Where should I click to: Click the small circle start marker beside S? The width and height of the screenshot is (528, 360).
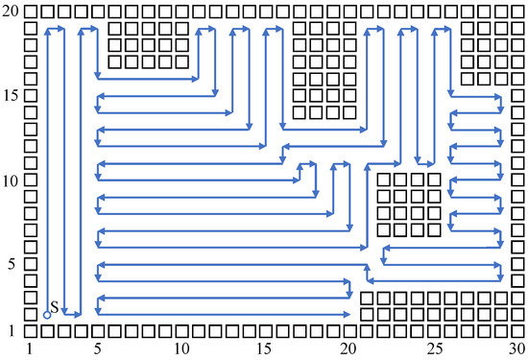point(47,315)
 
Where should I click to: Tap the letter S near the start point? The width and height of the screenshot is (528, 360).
point(54,306)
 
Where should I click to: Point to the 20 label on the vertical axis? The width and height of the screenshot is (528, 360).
point(11,11)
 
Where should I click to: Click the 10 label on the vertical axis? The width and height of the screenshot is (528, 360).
point(11,180)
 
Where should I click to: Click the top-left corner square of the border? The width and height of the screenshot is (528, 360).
point(31,12)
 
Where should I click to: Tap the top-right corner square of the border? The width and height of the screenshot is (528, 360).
point(517,12)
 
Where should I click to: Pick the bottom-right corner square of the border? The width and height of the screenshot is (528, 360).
point(517,331)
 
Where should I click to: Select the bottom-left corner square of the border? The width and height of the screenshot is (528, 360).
point(31,331)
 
